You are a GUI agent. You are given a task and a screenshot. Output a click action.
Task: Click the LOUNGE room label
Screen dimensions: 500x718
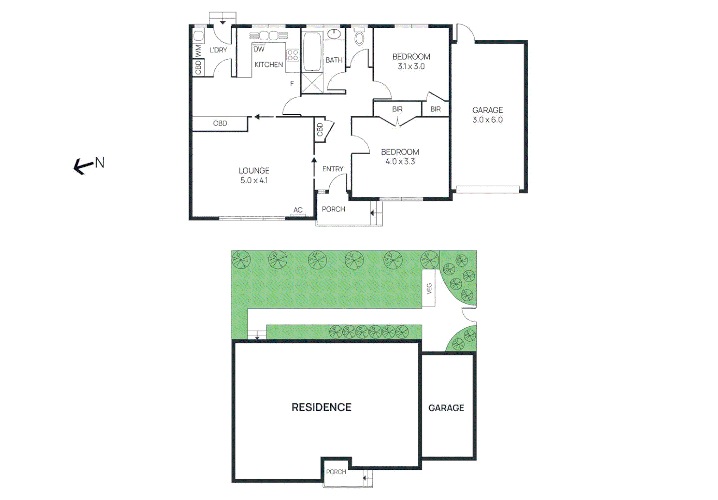(x=254, y=170)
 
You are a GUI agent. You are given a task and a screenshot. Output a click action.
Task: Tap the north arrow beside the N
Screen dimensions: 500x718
(x=83, y=166)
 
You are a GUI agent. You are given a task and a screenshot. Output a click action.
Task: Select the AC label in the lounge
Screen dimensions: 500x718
(x=298, y=210)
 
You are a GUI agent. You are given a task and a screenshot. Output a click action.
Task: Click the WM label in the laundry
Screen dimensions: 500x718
(x=198, y=50)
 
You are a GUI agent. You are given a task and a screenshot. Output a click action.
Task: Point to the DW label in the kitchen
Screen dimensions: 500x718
(x=259, y=49)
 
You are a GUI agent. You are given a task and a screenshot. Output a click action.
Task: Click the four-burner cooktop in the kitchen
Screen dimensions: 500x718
(x=293, y=56)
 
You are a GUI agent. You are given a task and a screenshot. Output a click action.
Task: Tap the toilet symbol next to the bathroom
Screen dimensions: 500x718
(x=359, y=37)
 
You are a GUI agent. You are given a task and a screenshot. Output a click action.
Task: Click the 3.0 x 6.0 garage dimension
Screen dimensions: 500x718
(x=487, y=120)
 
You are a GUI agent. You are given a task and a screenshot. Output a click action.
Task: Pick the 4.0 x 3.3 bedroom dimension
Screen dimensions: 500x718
(x=400, y=162)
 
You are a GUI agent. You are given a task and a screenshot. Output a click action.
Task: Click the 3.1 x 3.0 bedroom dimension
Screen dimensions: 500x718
(x=411, y=66)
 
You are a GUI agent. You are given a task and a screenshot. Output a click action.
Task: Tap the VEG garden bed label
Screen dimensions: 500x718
(x=429, y=289)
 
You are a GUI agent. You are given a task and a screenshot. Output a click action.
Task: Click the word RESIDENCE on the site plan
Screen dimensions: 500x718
(x=321, y=407)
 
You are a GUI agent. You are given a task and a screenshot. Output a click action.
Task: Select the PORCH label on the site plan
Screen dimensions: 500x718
(x=336, y=472)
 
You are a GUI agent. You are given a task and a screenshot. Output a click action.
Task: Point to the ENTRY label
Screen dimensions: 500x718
(x=333, y=169)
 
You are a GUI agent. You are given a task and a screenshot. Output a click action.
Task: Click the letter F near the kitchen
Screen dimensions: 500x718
(x=292, y=84)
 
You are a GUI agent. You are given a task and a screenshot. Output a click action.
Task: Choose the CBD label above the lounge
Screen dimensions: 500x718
(x=220, y=123)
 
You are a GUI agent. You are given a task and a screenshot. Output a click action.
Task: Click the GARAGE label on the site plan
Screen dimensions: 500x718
(x=446, y=408)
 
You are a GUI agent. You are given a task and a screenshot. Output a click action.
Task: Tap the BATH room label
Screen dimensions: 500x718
(x=334, y=60)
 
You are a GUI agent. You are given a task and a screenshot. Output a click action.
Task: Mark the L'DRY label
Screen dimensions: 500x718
(x=218, y=50)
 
